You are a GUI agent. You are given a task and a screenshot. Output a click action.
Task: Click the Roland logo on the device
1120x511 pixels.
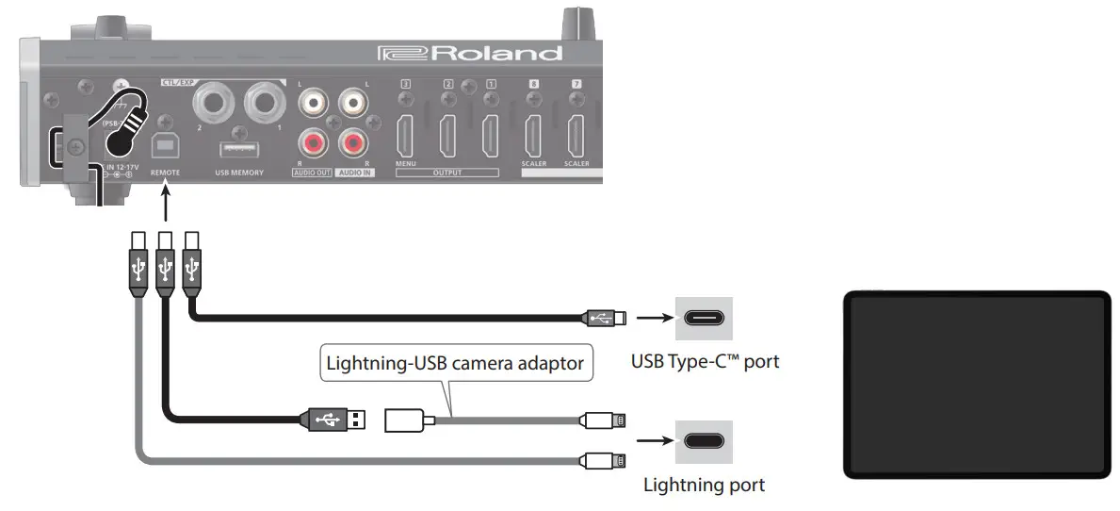coord(470,53)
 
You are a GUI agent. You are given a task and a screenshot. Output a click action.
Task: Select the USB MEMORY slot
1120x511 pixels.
coord(238,151)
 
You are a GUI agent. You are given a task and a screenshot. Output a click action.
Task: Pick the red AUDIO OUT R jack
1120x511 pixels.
coord(310,143)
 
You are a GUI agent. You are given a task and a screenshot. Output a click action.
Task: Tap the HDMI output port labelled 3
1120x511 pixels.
coord(406,135)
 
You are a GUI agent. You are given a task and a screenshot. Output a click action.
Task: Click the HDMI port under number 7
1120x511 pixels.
coord(576,135)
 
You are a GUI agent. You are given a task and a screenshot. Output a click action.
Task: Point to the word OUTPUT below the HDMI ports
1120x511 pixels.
coord(447,173)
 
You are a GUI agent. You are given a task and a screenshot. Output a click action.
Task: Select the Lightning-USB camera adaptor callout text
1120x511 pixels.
coord(455,362)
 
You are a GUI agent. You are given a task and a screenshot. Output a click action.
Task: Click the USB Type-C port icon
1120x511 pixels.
coord(704,318)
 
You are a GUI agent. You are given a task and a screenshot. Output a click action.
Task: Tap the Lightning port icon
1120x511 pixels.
coord(704,440)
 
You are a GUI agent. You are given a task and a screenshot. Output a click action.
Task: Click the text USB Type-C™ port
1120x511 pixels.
coord(704,360)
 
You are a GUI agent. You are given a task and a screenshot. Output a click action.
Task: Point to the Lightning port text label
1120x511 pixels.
coord(704,486)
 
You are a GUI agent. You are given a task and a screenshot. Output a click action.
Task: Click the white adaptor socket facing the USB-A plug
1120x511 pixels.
coord(407,420)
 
